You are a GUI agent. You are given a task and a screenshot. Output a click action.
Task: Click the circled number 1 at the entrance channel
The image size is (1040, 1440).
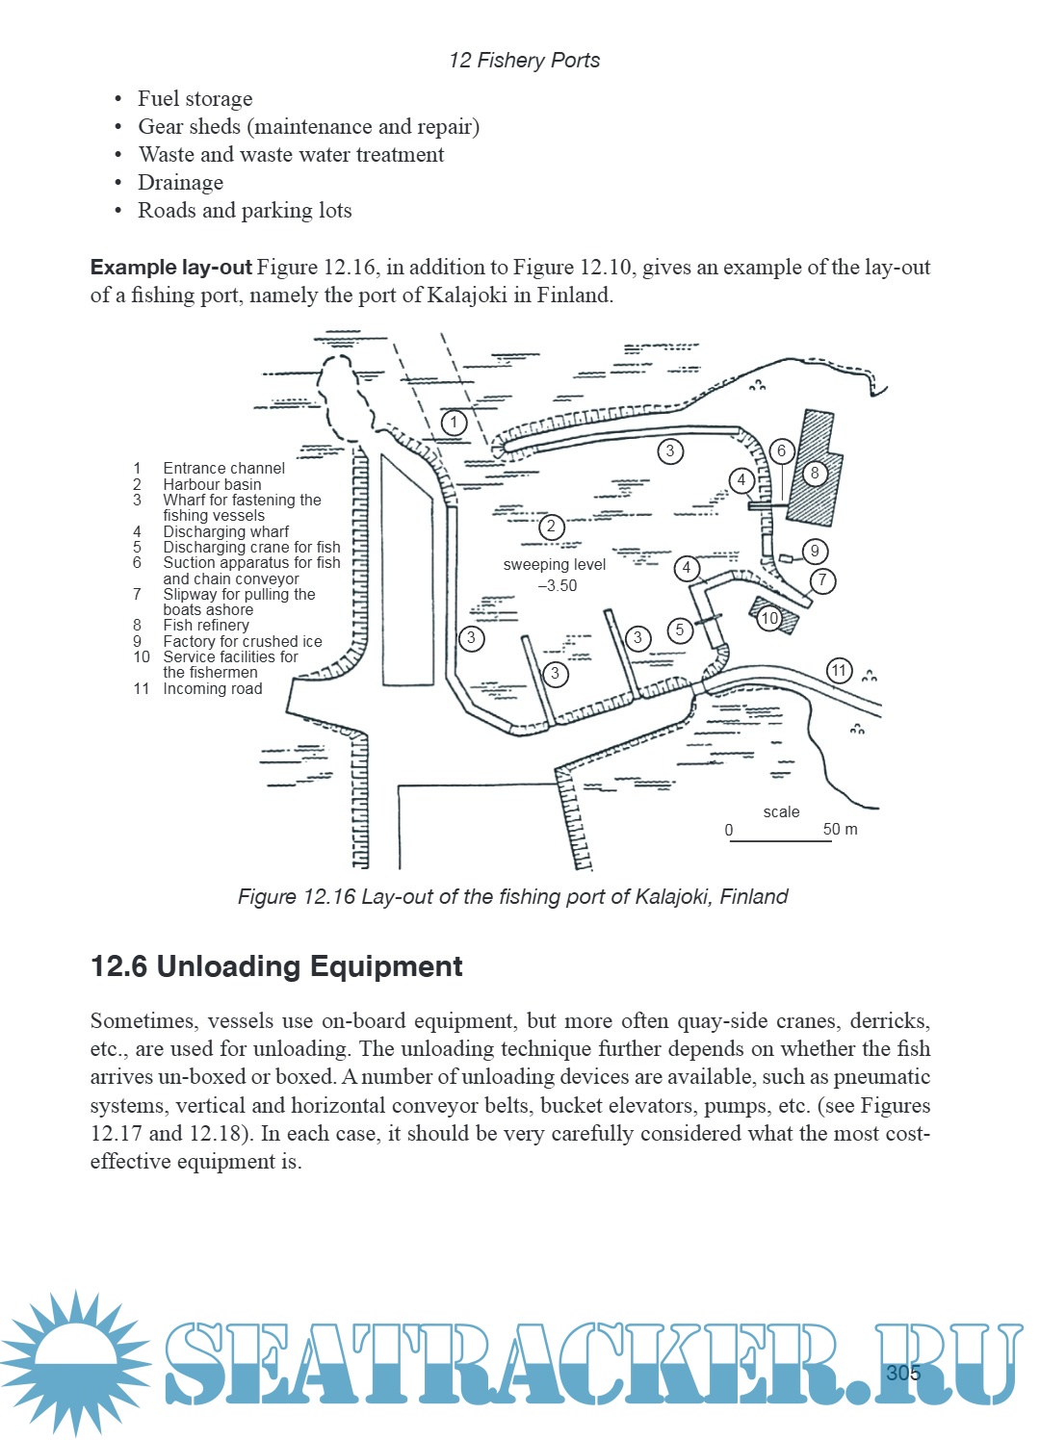point(454,422)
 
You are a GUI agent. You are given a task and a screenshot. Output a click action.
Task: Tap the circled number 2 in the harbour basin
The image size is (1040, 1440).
point(551,527)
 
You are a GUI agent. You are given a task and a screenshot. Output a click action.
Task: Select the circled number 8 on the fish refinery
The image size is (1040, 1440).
point(815,473)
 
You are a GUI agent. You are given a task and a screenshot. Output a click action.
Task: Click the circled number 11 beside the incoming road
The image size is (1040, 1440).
point(840,670)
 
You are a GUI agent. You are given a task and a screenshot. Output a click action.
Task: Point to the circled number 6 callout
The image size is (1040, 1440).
point(781,450)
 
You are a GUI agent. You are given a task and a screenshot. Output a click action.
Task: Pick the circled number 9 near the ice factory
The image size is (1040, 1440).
point(815,551)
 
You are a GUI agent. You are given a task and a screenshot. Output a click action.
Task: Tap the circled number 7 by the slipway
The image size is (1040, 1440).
point(822,580)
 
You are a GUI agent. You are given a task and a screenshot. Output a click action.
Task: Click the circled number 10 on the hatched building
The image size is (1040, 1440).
point(769,618)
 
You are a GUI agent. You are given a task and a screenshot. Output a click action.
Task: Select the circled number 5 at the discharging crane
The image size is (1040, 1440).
point(680,630)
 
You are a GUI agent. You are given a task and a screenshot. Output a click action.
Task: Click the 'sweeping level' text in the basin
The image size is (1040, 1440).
point(555,565)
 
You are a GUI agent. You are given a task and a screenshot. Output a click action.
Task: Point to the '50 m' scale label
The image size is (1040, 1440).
point(840,829)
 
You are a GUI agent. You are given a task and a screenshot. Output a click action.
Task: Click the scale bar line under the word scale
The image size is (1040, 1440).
point(780,841)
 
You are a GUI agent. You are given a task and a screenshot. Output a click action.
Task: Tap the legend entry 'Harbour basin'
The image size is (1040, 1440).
point(212,484)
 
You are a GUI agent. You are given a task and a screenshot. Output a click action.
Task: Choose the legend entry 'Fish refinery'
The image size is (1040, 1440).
point(206,625)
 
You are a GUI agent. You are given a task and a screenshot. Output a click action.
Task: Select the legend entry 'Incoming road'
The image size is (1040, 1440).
point(212,688)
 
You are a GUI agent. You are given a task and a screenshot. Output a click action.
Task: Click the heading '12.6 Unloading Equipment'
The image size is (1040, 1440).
point(276,966)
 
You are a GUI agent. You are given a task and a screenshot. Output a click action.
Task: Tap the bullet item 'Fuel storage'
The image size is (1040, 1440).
point(195,98)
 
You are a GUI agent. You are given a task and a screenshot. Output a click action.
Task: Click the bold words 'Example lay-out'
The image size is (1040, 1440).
point(170,267)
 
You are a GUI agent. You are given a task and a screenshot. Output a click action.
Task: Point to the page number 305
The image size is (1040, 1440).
point(903,1373)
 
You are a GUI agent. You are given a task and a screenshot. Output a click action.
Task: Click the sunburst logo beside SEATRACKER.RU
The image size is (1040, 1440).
point(75,1362)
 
